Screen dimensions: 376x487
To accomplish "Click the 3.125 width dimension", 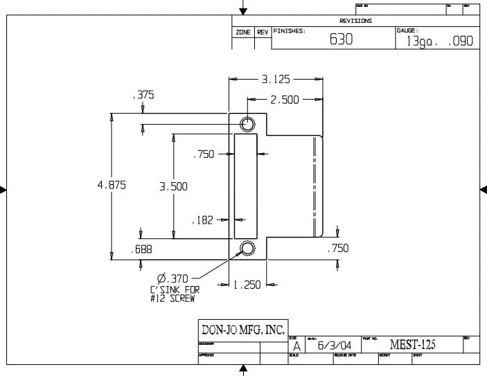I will click(276, 80).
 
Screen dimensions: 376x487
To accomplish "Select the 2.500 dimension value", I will click(284, 100).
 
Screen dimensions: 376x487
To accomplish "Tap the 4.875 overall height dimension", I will click(112, 186).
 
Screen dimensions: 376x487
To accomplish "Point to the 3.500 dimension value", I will click(173, 186).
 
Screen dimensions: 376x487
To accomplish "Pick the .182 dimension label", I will click(202, 220).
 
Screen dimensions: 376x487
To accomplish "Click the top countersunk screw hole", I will click(247, 124).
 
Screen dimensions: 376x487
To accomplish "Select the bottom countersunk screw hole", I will click(247, 249).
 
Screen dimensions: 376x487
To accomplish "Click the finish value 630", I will click(341, 40).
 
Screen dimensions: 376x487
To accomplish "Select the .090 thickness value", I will click(461, 42).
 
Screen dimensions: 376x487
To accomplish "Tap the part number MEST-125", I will click(414, 344).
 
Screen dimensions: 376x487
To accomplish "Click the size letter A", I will click(296, 346).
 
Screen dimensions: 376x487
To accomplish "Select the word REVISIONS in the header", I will click(355, 21).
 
